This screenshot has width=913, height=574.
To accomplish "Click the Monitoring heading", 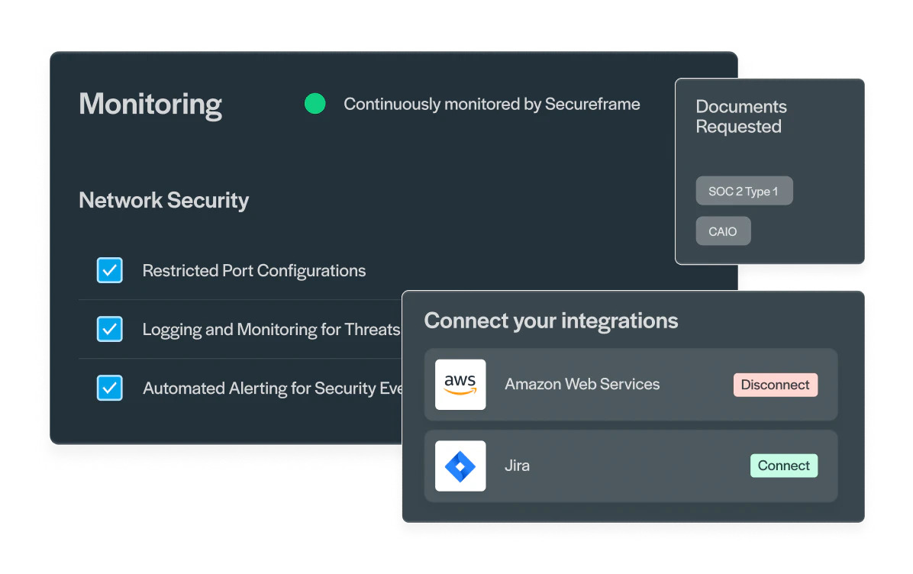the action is click(150, 105).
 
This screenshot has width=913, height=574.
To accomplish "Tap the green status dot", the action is click(315, 104).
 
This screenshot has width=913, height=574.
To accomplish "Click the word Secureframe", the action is click(592, 104).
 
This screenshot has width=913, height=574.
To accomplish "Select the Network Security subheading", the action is click(163, 200).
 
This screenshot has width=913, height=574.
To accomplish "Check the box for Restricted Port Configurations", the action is click(109, 270).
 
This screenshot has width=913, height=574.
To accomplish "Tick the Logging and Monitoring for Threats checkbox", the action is click(109, 329).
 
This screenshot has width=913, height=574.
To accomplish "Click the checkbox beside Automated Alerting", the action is click(109, 388).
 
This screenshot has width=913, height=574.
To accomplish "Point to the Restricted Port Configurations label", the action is click(254, 271).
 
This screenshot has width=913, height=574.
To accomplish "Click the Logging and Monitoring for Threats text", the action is click(271, 330).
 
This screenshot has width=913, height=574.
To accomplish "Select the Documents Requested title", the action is click(741, 117).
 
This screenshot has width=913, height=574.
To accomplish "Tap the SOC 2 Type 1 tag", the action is click(744, 191).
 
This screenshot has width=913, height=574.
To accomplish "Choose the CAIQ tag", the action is click(723, 231).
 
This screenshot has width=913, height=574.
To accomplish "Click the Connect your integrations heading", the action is click(551, 321).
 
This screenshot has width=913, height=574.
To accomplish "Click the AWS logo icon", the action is click(460, 384).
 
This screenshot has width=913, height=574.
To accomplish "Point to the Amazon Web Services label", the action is click(582, 384).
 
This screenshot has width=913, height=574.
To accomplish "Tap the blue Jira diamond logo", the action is click(460, 466).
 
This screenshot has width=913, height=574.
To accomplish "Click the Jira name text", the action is click(517, 466).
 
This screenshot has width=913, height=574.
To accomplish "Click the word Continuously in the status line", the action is click(392, 105).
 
